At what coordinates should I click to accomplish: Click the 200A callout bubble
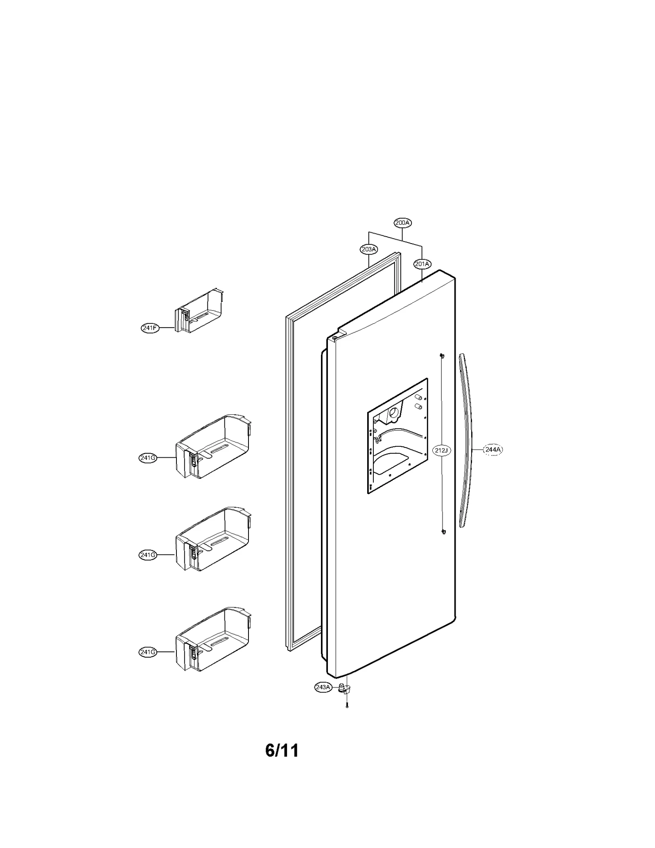[402, 223]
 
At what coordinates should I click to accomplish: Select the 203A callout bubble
[369, 249]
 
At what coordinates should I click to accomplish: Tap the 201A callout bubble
[422, 264]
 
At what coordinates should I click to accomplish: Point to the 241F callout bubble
[150, 328]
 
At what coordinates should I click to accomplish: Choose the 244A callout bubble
[492, 450]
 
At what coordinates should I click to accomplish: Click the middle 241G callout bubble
[148, 555]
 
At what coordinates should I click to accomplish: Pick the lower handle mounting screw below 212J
[443, 531]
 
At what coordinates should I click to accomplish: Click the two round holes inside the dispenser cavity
[418, 401]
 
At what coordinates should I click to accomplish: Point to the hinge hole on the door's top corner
[335, 338]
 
